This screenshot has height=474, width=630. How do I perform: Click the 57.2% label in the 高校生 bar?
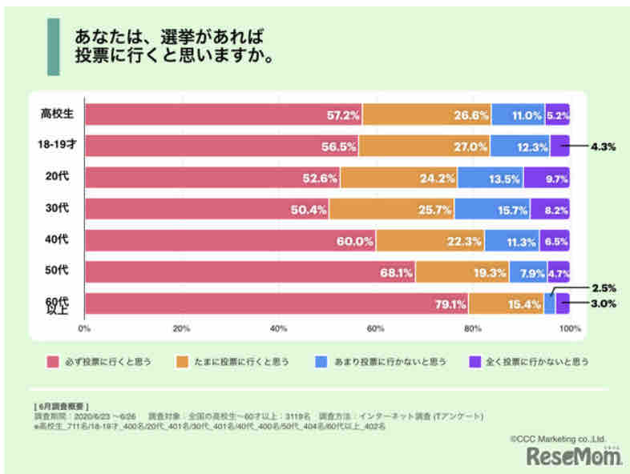click(344, 115)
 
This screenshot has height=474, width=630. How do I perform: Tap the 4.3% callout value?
click(603, 147)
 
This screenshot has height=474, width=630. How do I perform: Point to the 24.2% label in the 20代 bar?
click(437, 179)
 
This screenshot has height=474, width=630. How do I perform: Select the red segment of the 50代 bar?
click(249, 272)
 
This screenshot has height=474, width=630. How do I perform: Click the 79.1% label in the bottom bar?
click(450, 304)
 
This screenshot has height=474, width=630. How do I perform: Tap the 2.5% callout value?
click(604, 287)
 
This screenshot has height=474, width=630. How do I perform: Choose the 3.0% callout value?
click(604, 303)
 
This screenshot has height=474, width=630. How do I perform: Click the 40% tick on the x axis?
click(279, 329)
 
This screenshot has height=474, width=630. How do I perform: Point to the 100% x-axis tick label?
click(570, 329)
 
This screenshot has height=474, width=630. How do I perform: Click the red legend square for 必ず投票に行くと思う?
click(54, 361)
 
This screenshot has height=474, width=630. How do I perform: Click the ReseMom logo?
click(575, 456)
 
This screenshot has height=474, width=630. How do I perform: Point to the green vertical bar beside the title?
click(53, 47)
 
